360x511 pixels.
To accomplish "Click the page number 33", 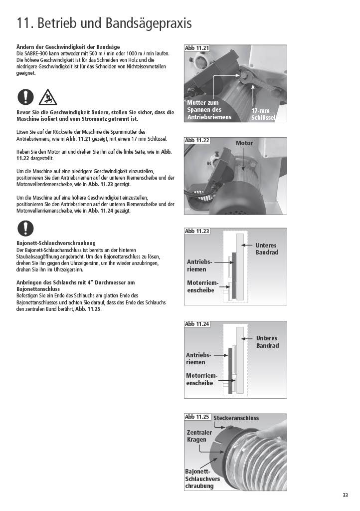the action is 345,495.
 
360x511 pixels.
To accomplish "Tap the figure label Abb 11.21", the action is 197,48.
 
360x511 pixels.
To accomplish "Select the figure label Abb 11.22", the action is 197,140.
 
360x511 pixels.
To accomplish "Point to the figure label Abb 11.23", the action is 197,231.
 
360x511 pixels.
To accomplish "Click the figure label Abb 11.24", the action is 197,324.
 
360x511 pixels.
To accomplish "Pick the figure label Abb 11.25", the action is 197,417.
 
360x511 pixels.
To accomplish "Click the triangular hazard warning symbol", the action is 47,97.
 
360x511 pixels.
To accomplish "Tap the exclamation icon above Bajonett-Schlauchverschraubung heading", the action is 25,228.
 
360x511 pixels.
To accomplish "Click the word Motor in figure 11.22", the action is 244,143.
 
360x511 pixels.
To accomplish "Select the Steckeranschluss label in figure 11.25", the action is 236,418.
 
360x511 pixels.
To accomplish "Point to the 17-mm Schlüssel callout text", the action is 263,114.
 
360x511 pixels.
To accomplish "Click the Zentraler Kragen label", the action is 199,436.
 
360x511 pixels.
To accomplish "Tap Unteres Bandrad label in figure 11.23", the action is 266,249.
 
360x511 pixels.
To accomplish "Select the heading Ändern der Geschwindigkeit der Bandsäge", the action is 68,47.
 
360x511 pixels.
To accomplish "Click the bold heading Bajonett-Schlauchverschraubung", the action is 56,243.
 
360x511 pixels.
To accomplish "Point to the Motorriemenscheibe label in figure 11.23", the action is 202,286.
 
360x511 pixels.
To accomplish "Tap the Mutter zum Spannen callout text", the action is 209,110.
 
